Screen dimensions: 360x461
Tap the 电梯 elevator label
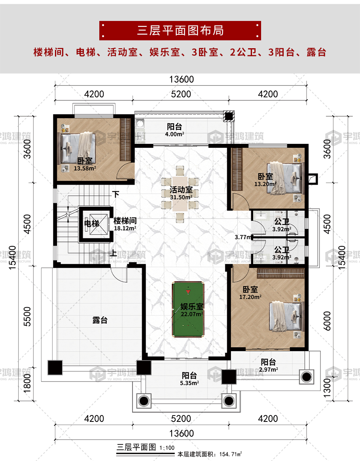coord(92,223)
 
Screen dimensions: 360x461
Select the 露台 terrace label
coord(100,320)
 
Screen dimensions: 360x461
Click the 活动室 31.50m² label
coord(181,193)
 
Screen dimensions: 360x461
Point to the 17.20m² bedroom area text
coord(250,297)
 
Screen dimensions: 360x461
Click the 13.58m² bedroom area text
coord(85,168)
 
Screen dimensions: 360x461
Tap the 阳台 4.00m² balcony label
coord(175,130)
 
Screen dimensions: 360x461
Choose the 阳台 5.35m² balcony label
coord(189,379)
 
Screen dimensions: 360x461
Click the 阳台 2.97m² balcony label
coord(268,365)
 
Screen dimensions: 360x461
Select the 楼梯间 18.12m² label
coord(125,224)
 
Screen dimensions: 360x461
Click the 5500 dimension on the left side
coord(27,316)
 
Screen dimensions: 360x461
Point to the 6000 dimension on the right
coord(327,321)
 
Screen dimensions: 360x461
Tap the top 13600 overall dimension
coord(182,79)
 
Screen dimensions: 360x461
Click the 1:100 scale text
coord(167,448)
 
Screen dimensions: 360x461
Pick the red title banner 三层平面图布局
coord(180,30)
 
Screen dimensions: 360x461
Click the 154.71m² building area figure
coord(231,454)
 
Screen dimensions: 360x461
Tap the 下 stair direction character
coord(116,194)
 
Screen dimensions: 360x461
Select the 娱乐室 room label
coord(192,307)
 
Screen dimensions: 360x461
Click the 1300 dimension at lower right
coord(327,387)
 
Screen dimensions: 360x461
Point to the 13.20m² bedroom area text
coord(265,184)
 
